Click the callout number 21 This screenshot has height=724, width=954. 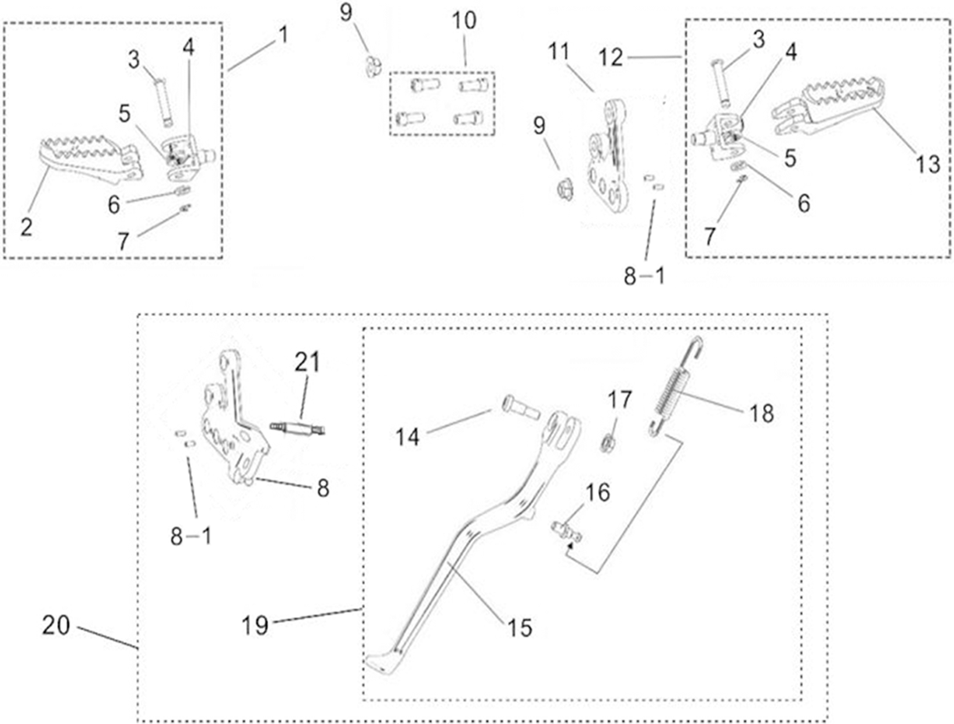click(x=307, y=363)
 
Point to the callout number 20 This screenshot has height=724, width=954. click(x=56, y=625)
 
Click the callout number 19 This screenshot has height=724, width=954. click(x=255, y=624)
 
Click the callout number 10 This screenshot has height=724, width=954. click(x=463, y=22)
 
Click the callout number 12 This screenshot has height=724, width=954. click(x=611, y=57)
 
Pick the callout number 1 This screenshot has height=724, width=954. click(x=282, y=34)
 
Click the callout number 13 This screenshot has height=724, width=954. click(x=929, y=165)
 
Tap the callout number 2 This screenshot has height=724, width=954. click(x=25, y=227)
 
